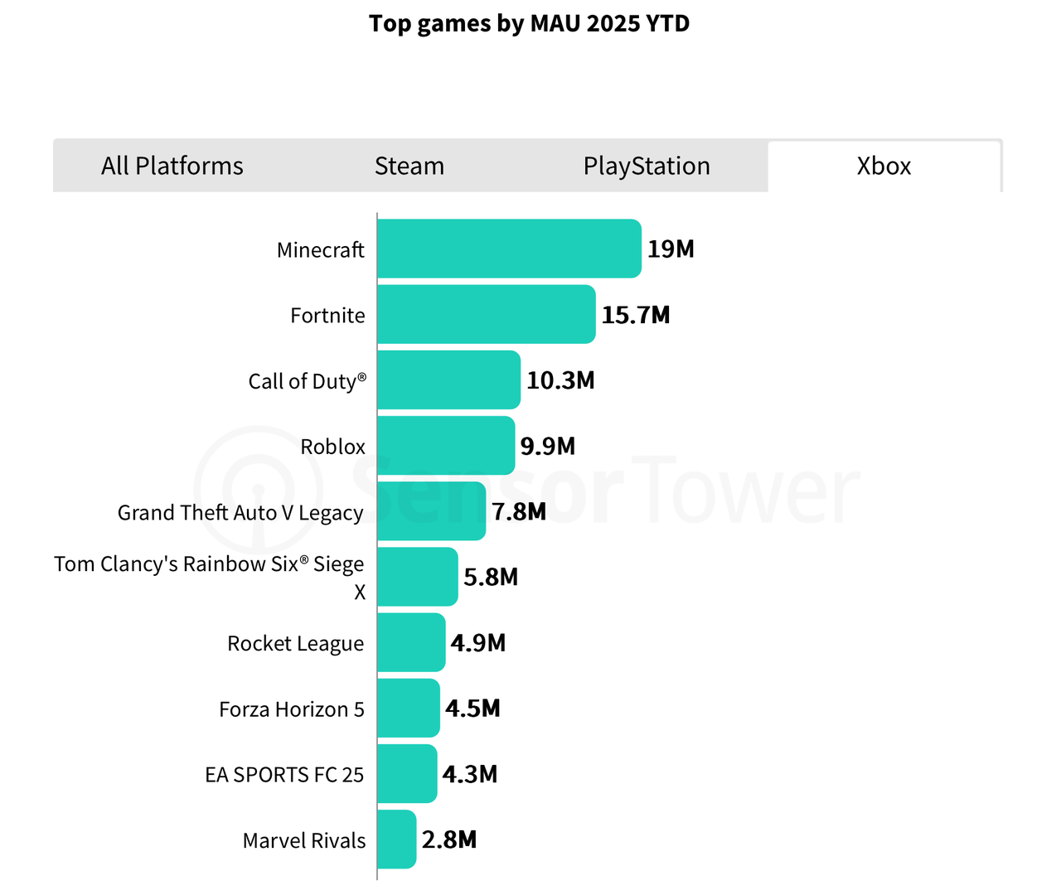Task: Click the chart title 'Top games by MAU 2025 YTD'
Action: [529, 23]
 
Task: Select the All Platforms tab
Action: [172, 166]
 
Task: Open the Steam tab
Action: [409, 166]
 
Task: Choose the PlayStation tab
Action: [647, 166]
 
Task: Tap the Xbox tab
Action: [884, 166]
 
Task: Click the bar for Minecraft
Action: [509, 249]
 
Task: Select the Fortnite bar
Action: [486, 314]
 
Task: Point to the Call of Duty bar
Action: [448, 380]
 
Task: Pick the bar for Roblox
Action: [446, 446]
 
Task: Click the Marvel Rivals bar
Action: [396, 839]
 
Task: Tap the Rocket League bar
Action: [411, 642]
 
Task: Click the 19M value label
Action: [671, 249]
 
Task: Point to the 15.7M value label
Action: [636, 315]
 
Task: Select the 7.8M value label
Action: [519, 511]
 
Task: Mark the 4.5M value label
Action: [472, 709]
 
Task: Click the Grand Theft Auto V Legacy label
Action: [240, 513]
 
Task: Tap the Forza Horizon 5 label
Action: [292, 709]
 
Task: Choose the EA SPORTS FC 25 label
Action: [284, 775]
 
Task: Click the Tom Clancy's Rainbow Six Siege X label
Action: [210, 577]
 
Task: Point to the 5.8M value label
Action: [491, 577]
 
